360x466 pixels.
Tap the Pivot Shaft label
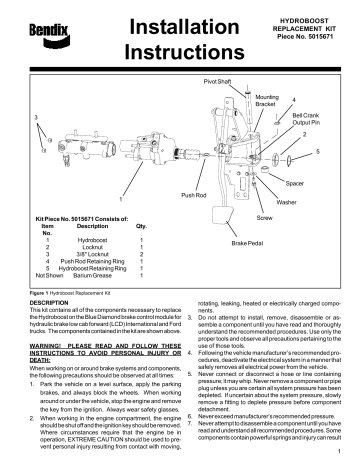218,77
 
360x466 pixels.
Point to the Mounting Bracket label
267,101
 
